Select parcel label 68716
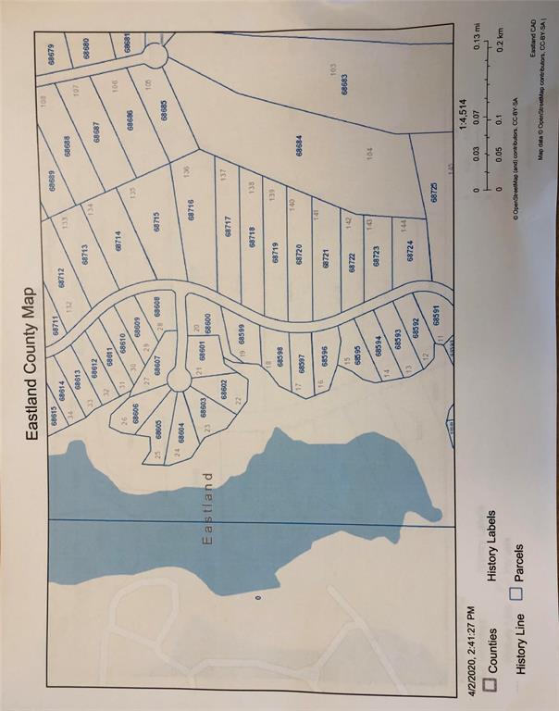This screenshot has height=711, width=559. point(191,209)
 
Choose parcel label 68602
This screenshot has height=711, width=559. point(224,388)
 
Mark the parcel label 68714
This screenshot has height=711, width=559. point(118,240)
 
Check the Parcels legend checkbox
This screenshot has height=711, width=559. point(518,593)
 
